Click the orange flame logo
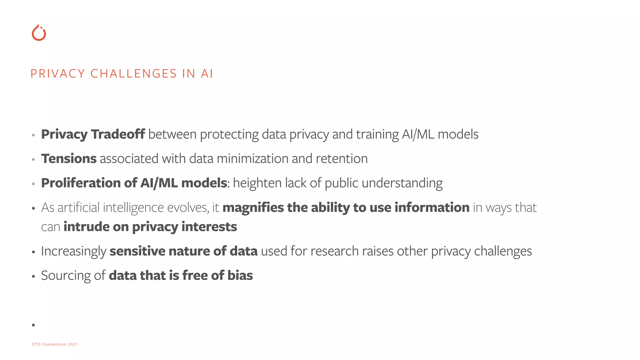coord(39,33)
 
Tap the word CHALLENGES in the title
coord(134,74)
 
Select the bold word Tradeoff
coord(118,134)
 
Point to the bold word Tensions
coord(69,158)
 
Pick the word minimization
coord(252,158)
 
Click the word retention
coord(342,158)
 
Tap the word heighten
coord(257,183)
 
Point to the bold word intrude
coord(86,227)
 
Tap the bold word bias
coord(240,275)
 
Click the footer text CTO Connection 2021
coord(55,344)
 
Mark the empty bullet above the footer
coord(33,325)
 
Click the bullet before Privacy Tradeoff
coord(33,135)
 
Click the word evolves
coord(188,208)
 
